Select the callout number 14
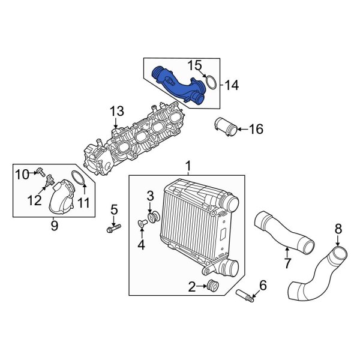coord(231,86)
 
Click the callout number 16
coord(256,128)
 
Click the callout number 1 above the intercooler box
coord(188,165)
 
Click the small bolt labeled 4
coord(143,224)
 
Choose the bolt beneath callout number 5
coord(113,228)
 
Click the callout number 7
coord(287,262)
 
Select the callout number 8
coord(338,229)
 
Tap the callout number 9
coord(53,226)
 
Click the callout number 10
coord(22,175)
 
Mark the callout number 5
coord(113,209)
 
